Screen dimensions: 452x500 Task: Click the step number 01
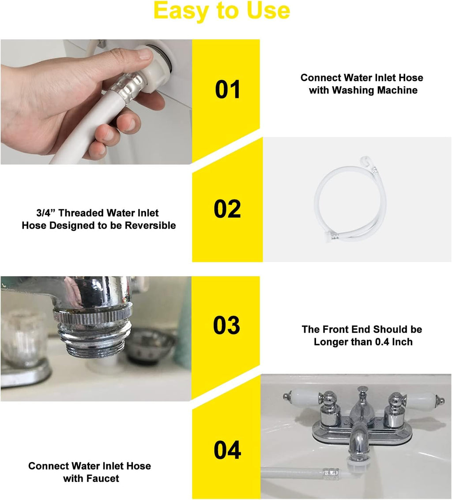(x=227, y=90)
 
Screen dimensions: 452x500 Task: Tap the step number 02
(x=227, y=209)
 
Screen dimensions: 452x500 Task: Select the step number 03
(x=226, y=325)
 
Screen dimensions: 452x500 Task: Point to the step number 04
(x=227, y=450)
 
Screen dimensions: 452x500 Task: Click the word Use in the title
(x=268, y=11)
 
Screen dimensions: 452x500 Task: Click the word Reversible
(x=150, y=226)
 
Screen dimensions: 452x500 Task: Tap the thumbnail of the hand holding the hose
(x=96, y=102)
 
